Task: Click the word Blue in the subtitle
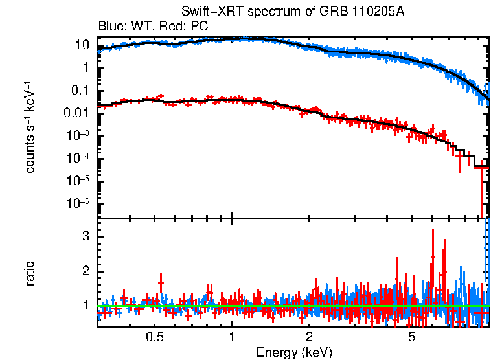(110, 27)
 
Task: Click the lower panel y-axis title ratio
(30, 273)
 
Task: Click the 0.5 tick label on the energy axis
(154, 337)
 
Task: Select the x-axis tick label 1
(232, 337)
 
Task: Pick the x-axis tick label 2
(310, 337)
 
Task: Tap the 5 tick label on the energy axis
(411, 337)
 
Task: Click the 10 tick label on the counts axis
(81, 45)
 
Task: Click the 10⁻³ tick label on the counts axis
(78, 135)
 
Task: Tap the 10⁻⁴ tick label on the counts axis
(78, 158)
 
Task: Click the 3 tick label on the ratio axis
(84, 236)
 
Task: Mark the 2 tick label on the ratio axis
(84, 271)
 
